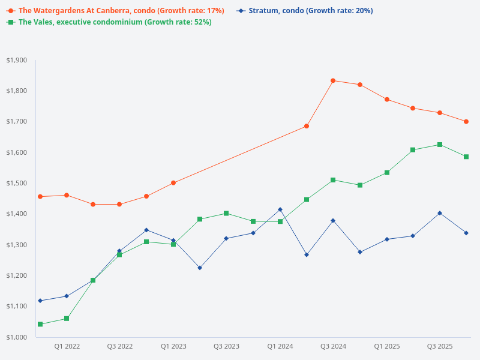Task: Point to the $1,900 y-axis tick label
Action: pyautogui.click(x=16, y=60)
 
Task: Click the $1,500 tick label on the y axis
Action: pyautogui.click(x=16, y=183)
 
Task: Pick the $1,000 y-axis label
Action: pyautogui.click(x=16, y=337)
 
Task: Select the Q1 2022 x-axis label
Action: pyautogui.click(x=67, y=346)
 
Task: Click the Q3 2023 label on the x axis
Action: pyautogui.click(x=226, y=346)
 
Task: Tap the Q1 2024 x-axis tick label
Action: pyautogui.click(x=280, y=346)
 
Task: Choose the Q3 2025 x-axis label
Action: pyautogui.click(x=440, y=346)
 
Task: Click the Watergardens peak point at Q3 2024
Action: pyautogui.click(x=333, y=80)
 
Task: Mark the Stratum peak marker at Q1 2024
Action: pyautogui.click(x=280, y=209)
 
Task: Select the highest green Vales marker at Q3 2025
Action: pyautogui.click(x=440, y=145)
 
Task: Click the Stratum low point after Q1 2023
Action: pyautogui.click(x=200, y=268)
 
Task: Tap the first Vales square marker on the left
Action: pyautogui.click(x=40, y=325)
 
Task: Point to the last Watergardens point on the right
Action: pyautogui.click(x=466, y=122)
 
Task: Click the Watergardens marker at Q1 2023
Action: pyautogui.click(x=173, y=183)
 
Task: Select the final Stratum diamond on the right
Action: pyautogui.click(x=466, y=233)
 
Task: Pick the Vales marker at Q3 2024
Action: pyautogui.click(x=333, y=180)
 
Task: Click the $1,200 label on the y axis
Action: pyautogui.click(x=16, y=275)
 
